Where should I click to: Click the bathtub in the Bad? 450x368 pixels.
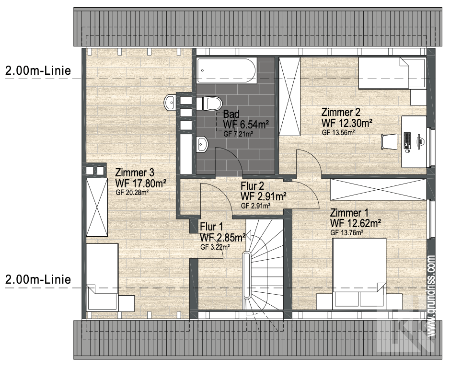(x=227, y=70)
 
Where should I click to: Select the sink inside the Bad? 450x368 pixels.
(x=202, y=144)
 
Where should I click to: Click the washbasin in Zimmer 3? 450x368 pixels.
(x=170, y=102)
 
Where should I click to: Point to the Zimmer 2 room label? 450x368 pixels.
(x=340, y=112)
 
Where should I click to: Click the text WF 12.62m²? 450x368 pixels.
(x=356, y=223)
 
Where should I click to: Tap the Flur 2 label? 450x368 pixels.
(x=252, y=186)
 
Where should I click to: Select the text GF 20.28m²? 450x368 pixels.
(x=132, y=193)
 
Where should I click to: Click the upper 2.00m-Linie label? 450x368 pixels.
(x=38, y=70)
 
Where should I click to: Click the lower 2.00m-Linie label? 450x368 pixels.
(x=38, y=279)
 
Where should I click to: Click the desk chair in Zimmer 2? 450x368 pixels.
(x=389, y=141)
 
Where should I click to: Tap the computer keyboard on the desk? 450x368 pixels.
(x=407, y=140)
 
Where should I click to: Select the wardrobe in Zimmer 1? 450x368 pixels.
(x=378, y=189)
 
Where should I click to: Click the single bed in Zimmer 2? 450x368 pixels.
(x=392, y=73)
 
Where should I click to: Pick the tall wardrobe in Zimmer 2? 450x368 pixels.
(x=289, y=96)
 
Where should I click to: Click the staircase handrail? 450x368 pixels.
(x=246, y=276)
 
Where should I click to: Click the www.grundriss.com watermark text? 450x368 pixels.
(x=431, y=296)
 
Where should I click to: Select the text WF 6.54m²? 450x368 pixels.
(x=246, y=125)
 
